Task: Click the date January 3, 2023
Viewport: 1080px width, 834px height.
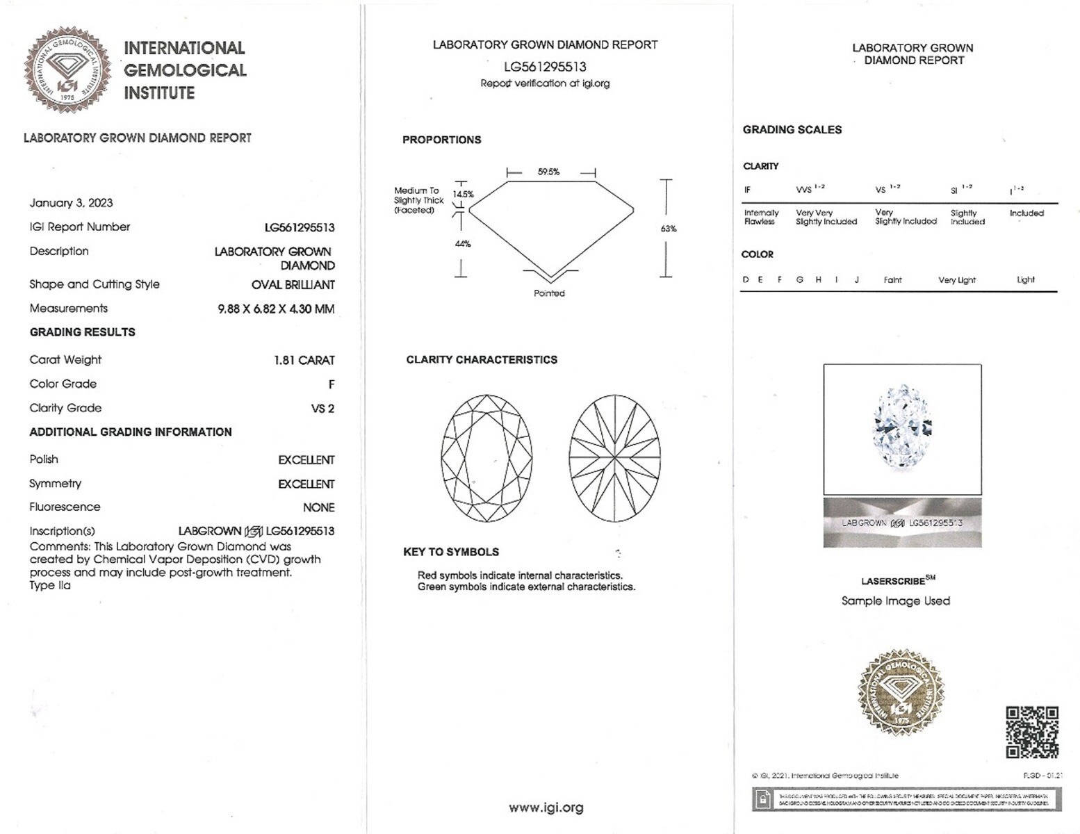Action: tap(71, 203)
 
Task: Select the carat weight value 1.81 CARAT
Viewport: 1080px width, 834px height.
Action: tap(304, 360)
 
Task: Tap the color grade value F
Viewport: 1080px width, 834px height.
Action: tap(332, 384)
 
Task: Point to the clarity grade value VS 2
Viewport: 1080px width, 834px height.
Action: tap(322, 409)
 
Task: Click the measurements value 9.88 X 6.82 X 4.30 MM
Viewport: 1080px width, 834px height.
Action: tap(276, 309)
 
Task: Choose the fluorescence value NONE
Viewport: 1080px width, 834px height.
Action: tap(318, 507)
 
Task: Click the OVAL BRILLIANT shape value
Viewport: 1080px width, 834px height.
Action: tap(293, 284)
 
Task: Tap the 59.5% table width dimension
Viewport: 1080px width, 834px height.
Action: tap(548, 172)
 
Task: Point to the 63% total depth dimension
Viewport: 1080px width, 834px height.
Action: tap(669, 229)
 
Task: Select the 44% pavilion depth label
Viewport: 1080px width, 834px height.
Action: tap(463, 244)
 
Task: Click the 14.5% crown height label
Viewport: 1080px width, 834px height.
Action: tap(463, 195)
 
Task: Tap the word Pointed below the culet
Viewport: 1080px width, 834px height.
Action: tap(549, 293)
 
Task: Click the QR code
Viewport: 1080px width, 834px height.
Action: tap(1032, 732)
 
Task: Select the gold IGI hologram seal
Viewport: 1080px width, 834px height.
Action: tap(901, 692)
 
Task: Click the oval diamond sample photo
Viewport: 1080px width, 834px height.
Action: tap(902, 428)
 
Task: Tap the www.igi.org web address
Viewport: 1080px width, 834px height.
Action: tap(546, 808)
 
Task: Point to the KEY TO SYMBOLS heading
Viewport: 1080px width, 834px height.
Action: tap(451, 552)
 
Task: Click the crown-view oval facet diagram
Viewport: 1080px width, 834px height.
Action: tap(486, 459)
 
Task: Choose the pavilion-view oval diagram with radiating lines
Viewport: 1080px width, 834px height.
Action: tap(614, 459)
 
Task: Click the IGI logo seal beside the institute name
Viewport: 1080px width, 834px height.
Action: tap(67, 71)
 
